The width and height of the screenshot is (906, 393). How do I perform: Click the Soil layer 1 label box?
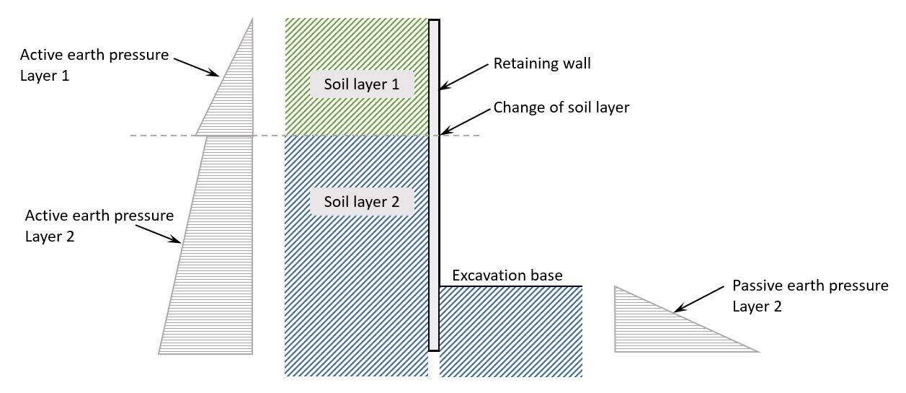(x=362, y=84)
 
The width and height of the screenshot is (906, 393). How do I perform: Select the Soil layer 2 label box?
(x=362, y=201)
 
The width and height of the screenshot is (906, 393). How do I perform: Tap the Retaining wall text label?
(x=542, y=63)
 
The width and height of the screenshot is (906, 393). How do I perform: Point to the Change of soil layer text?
(x=561, y=107)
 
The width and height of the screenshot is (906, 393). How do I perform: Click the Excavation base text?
(x=507, y=275)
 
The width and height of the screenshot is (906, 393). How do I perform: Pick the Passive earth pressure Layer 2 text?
(x=810, y=296)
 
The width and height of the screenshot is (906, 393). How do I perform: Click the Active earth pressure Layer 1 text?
(x=94, y=64)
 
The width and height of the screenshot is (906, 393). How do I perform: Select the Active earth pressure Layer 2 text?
(x=99, y=225)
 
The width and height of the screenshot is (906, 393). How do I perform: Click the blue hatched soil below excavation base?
(x=510, y=332)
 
